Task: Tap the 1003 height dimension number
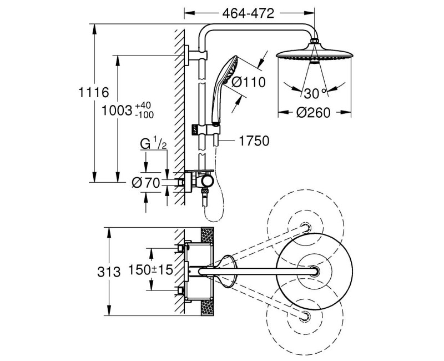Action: [x=114, y=109]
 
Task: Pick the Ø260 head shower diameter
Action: [x=314, y=112]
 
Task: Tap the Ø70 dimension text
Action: [x=147, y=182]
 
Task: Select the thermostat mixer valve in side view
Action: [x=200, y=180]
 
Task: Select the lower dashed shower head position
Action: [x=304, y=317]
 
